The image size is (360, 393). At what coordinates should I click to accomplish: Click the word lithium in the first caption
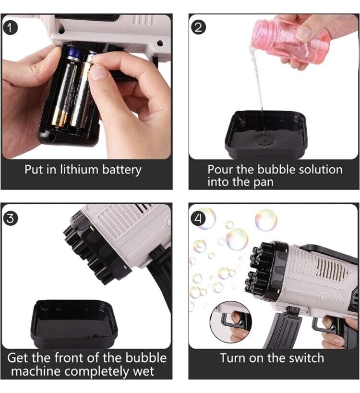pos(80,170)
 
